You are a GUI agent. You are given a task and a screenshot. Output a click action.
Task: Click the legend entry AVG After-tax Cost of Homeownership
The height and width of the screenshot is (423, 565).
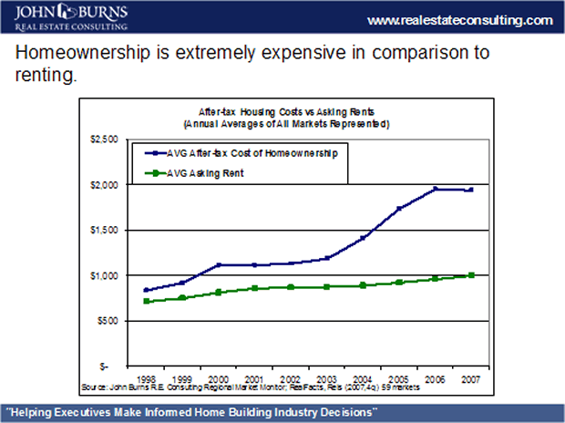(241, 153)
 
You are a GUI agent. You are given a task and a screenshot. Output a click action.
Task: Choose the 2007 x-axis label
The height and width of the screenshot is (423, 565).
(470, 375)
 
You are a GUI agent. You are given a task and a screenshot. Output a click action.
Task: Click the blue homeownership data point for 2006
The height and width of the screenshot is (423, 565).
(435, 189)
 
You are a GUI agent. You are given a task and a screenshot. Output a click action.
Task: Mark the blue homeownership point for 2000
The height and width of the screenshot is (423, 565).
(219, 264)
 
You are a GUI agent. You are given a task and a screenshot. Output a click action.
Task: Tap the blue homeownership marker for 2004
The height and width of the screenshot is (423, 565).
(363, 238)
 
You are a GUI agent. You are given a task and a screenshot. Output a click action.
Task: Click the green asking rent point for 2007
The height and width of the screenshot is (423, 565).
(471, 274)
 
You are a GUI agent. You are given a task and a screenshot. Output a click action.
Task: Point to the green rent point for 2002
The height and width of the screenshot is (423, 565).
(291, 287)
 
